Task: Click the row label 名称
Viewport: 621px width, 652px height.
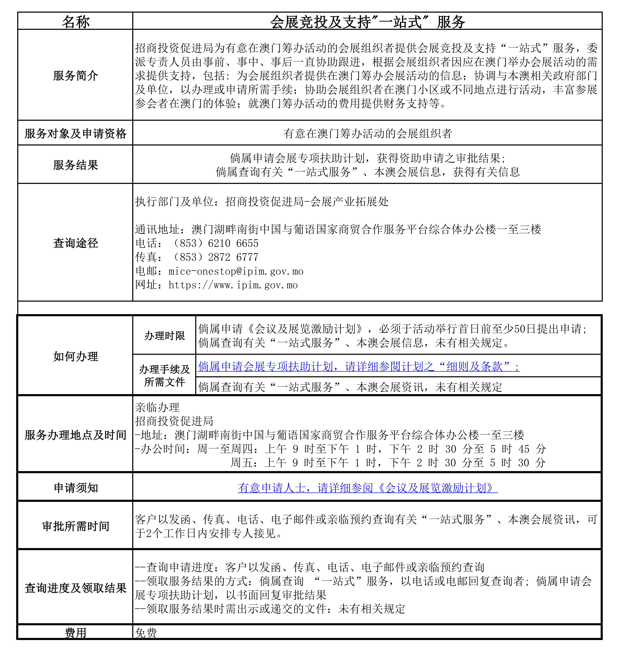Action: (76, 22)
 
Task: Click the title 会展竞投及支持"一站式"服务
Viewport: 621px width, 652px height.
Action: (367, 22)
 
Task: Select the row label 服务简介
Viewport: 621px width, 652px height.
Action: (76, 76)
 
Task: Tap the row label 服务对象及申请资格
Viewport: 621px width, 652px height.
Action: (76, 133)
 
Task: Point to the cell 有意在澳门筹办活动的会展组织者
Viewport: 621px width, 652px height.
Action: (367, 133)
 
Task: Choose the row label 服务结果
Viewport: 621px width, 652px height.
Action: (76, 165)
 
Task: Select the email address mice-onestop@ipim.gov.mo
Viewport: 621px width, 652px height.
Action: (236, 271)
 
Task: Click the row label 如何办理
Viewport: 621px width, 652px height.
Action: (76, 356)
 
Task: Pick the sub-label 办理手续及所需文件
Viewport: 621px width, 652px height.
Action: (165, 375)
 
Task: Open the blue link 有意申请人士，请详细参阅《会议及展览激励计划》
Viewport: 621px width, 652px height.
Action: (367, 488)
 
